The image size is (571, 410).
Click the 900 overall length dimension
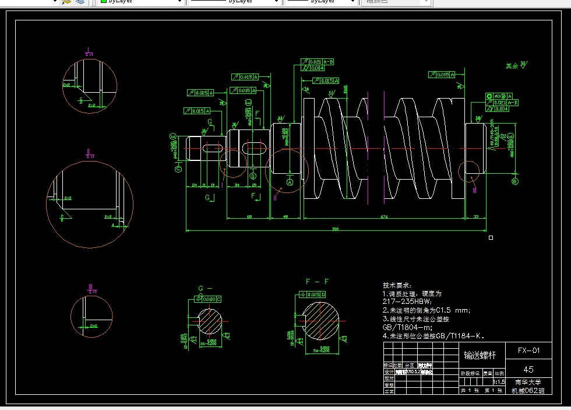[x=336, y=229]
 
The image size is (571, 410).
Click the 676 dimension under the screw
[x=384, y=217]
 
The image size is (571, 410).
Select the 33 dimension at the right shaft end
[x=476, y=217]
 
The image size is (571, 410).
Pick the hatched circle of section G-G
[x=210, y=321]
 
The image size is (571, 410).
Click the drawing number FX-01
[x=528, y=351]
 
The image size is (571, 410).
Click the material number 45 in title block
[x=528, y=369]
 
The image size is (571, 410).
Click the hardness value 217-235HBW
[x=407, y=302]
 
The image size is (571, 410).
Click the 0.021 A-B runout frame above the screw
[x=318, y=61]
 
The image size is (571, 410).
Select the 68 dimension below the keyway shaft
[x=249, y=217]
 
